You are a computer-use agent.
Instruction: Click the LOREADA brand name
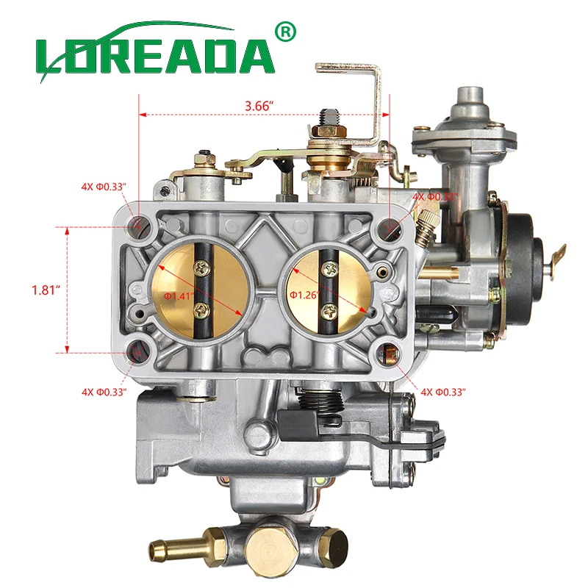point(154,55)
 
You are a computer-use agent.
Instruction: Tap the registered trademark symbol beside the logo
point(284,32)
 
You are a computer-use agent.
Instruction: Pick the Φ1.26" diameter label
point(304,294)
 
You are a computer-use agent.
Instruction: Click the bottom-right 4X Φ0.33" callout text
point(445,392)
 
